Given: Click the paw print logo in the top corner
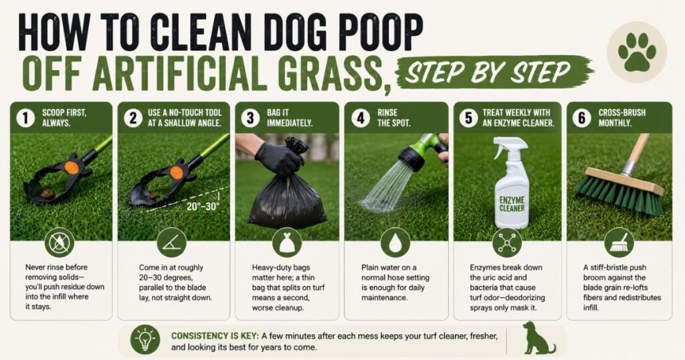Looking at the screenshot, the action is tap(637, 52).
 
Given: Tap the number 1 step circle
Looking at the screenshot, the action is tap(25, 118).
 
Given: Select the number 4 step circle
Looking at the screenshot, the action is tap(361, 118).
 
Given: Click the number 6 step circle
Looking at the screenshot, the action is tap(581, 118).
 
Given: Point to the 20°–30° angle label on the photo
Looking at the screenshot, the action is tap(203, 206).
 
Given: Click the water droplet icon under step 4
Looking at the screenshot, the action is tap(395, 243).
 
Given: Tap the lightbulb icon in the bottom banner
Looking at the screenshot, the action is tap(145, 339).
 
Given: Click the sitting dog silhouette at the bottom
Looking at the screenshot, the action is tap(538, 338).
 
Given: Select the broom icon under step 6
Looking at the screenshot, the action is tap(619, 243).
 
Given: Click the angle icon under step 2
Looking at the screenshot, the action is tap(172, 243).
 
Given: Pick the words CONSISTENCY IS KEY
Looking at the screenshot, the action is tap(215, 336).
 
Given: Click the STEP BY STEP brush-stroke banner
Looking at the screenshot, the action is tap(494, 72).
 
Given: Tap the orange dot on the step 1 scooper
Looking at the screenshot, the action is tap(71, 167).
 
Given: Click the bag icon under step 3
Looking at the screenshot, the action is tap(287, 243).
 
